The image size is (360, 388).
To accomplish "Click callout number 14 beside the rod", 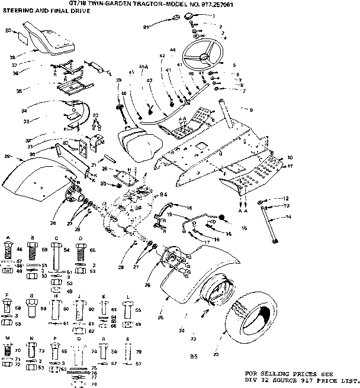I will pyautogui.click(x=288, y=217).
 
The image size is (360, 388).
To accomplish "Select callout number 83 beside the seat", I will pyautogui.click(x=8, y=29).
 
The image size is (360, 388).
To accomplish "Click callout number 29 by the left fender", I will pyautogui.click(x=7, y=156).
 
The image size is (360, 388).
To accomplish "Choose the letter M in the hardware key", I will pyautogui.click(x=8, y=338).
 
